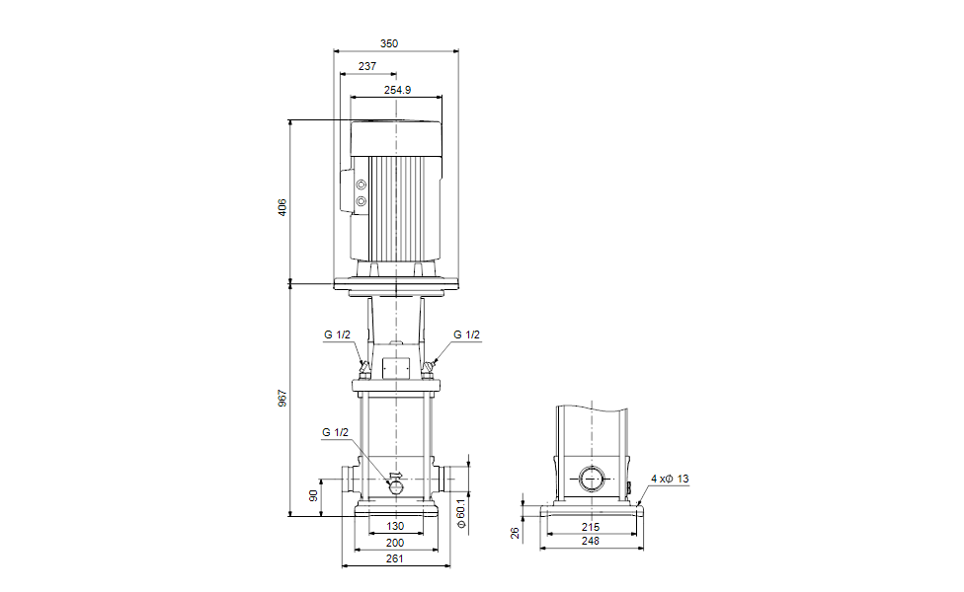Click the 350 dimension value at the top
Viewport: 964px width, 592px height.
click(x=389, y=43)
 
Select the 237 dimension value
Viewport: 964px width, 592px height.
click(x=367, y=66)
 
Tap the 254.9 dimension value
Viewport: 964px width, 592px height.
click(x=397, y=90)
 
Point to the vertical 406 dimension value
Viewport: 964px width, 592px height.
click(x=282, y=207)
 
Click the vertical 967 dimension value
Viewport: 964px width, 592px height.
click(x=282, y=399)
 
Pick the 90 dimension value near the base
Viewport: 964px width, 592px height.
click(x=314, y=495)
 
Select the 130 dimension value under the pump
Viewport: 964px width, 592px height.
click(x=395, y=526)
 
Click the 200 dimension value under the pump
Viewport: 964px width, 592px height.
click(x=395, y=543)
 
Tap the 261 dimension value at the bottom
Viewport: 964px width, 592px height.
click(x=395, y=559)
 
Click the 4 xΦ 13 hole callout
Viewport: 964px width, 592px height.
click(x=670, y=479)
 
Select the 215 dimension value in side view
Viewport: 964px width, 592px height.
click(x=590, y=526)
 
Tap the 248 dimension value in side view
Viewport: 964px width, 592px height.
click(x=590, y=542)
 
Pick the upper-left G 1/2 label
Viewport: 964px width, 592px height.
click(x=337, y=334)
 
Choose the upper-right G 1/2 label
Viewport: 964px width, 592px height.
click(x=466, y=334)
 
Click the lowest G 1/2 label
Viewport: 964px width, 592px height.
click(x=336, y=432)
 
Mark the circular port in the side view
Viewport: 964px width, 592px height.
click(x=591, y=480)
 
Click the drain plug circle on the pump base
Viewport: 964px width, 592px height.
click(x=395, y=484)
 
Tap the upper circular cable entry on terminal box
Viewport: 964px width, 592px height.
click(x=361, y=185)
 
